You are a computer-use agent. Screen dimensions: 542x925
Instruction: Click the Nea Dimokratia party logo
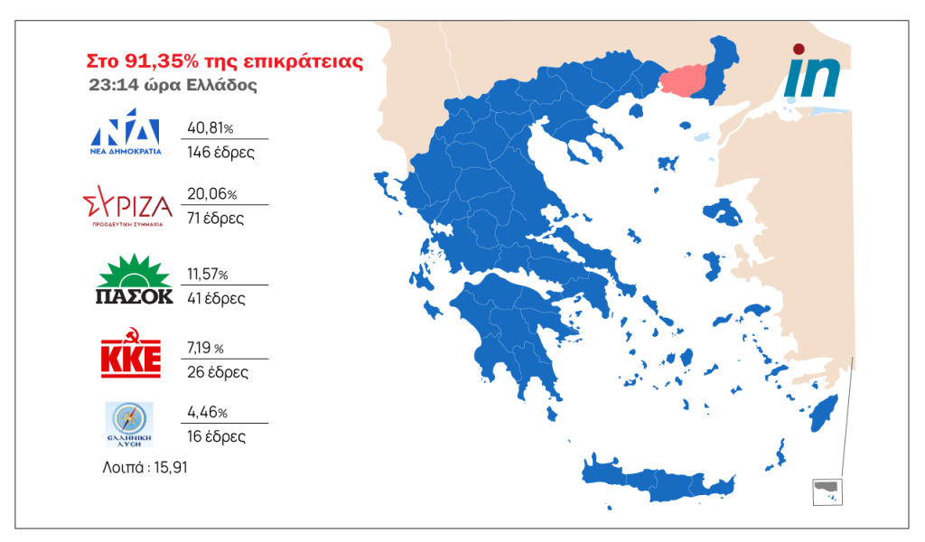(x=126, y=138)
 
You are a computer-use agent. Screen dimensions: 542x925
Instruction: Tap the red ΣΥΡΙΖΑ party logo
(x=126, y=207)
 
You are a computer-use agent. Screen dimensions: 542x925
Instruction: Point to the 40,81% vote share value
(x=210, y=127)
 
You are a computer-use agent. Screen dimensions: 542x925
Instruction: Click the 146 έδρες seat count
(x=220, y=152)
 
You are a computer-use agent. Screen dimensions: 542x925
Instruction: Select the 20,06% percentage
(x=211, y=194)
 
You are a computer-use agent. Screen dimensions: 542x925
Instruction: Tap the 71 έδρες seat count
(x=215, y=219)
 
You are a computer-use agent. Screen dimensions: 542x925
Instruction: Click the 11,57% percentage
(x=207, y=274)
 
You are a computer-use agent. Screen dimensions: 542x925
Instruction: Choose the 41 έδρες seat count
(x=216, y=298)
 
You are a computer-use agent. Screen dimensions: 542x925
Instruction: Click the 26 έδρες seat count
(x=218, y=371)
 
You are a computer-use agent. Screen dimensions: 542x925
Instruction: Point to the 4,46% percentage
(x=207, y=412)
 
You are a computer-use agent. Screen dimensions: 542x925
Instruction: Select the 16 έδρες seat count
(x=216, y=436)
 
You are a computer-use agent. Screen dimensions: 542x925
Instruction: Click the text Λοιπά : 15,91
(x=145, y=468)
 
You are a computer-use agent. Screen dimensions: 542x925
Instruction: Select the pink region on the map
(x=687, y=81)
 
